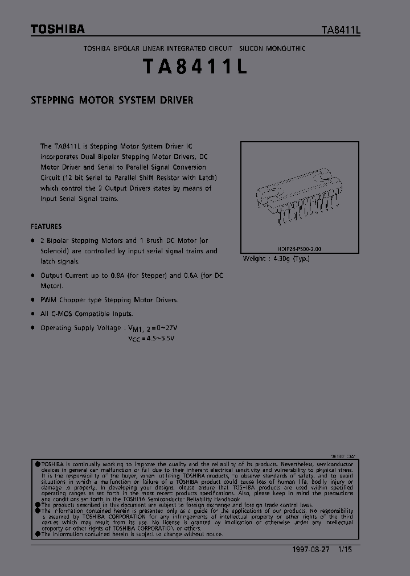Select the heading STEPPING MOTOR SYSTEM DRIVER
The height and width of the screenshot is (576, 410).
coord(112,100)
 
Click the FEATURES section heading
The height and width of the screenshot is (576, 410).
coord(46,226)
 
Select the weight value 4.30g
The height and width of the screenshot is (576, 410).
coord(280,258)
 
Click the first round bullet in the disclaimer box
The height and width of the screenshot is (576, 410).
coord(38,464)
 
